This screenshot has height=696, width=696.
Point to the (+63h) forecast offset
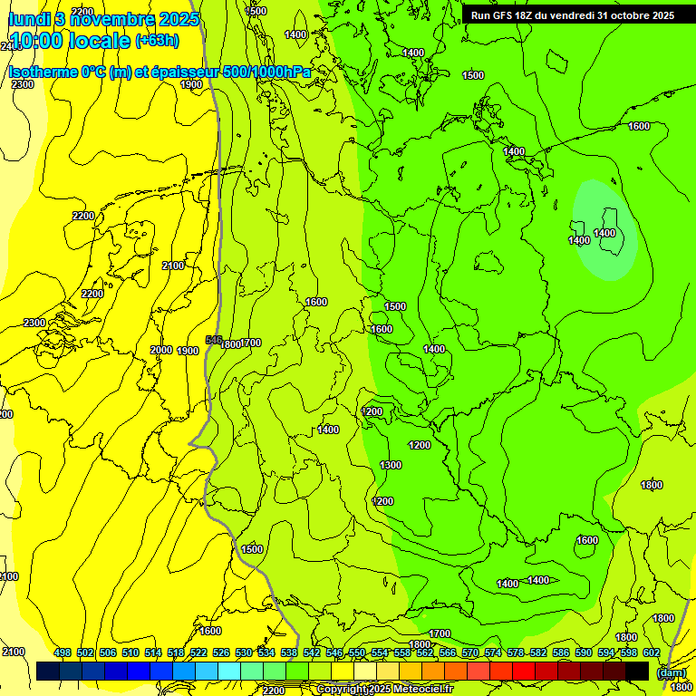157,41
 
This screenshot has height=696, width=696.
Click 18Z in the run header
530,15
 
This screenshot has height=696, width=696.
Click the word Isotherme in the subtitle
43,72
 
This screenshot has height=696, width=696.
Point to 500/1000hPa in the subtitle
275,72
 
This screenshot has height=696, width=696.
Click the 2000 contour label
161,350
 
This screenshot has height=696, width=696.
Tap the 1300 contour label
391,465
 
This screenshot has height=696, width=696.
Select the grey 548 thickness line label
214,340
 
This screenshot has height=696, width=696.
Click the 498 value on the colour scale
63,652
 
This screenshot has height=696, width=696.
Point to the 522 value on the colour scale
198,652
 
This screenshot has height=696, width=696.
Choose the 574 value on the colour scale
493,652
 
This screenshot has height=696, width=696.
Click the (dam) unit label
672,672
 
